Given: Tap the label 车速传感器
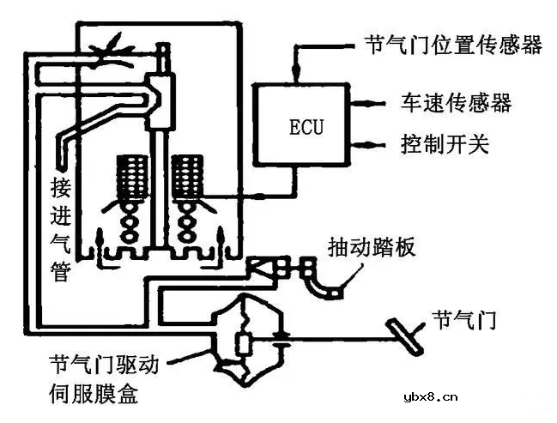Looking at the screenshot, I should (x=456, y=103).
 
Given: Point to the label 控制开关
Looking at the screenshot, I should (x=444, y=142).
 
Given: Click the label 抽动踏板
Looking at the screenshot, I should (x=372, y=247).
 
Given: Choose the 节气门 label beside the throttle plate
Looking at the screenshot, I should (x=465, y=321).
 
